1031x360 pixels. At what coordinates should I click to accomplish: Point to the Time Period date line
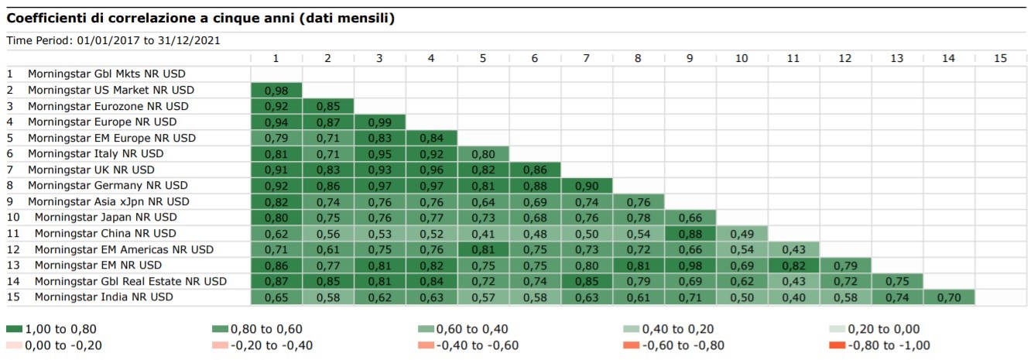click(114, 40)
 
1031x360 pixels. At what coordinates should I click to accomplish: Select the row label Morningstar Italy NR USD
click(96, 153)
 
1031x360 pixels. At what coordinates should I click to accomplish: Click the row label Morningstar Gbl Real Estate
click(130, 281)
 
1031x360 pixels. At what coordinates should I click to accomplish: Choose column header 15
click(999, 58)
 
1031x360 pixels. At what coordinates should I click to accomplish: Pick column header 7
click(587, 58)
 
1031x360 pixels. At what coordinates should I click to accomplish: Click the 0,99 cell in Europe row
click(379, 122)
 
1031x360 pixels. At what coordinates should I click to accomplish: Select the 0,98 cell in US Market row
click(276, 90)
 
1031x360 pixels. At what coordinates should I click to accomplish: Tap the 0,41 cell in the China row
click(483, 233)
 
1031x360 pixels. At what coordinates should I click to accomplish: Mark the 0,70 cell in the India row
click(948, 297)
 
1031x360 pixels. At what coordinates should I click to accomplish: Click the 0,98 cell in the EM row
click(690, 265)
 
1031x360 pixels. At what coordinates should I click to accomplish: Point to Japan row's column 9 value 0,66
click(690, 217)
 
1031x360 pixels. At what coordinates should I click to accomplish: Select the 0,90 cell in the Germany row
click(587, 185)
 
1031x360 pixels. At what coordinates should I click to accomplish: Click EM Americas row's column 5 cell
click(483, 249)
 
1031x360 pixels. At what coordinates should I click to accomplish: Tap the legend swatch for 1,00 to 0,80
click(15, 329)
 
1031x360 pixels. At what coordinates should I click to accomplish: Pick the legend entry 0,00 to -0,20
click(63, 345)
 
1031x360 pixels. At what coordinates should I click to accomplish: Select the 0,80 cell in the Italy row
click(483, 153)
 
